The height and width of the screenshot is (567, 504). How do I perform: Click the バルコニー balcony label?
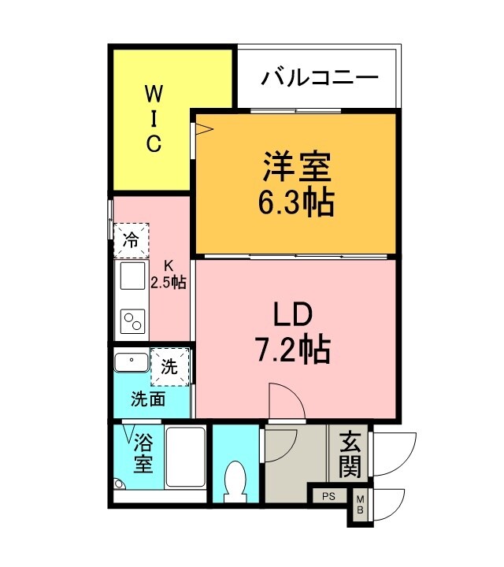pyautogui.click(x=321, y=79)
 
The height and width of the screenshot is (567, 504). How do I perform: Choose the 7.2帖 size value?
pyautogui.click(x=293, y=349)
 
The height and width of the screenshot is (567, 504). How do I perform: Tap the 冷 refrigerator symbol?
pyautogui.click(x=131, y=240)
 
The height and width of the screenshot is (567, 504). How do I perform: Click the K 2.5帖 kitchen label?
pyautogui.click(x=169, y=274)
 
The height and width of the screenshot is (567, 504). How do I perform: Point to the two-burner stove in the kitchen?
pyautogui.click(x=132, y=321)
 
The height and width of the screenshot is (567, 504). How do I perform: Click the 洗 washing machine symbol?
pyautogui.click(x=170, y=365)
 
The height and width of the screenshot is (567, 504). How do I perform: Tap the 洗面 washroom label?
pyautogui.click(x=148, y=399)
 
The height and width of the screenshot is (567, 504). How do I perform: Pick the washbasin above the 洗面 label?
pyautogui.click(x=130, y=363)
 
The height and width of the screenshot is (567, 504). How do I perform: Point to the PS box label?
pyautogui.click(x=328, y=497)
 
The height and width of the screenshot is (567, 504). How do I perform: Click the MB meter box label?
pyautogui.click(x=360, y=505)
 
